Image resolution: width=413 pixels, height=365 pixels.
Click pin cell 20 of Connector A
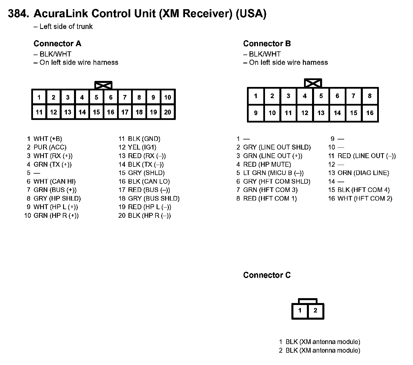168,112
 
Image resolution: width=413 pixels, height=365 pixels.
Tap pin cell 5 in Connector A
96,97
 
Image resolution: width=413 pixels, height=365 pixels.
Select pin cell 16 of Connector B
370,113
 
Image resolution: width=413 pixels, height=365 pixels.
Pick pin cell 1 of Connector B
256,96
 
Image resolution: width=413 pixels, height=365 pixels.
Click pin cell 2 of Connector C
315,310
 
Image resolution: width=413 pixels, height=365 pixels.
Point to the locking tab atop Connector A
103,85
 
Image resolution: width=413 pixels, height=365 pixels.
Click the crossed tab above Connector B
313,83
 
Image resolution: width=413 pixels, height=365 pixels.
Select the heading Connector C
267,275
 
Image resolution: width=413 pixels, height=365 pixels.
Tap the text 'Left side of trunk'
66,27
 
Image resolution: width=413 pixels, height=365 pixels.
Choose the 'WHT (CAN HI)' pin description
54,181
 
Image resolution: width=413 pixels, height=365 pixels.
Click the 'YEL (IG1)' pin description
142,147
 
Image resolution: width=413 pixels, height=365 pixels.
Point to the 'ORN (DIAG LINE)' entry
363,173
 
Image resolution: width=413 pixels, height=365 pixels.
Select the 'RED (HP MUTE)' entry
267,164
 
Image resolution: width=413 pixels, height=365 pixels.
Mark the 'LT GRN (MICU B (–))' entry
273,173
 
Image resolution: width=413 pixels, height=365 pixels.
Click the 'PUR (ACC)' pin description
50,147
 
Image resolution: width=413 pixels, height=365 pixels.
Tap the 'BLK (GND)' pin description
144,139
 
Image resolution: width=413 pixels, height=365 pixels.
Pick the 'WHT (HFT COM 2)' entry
365,198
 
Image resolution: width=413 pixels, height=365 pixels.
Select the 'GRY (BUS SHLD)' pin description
154,198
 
